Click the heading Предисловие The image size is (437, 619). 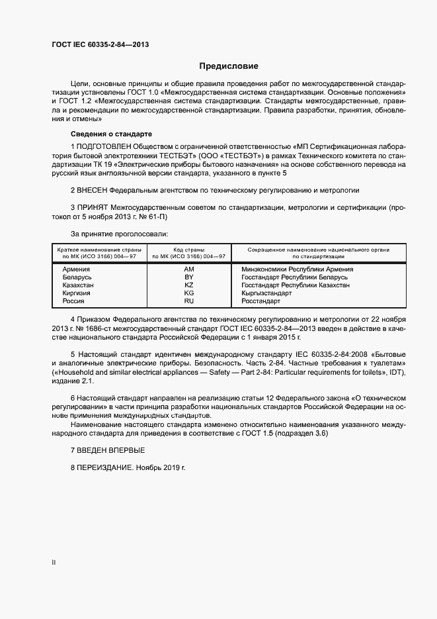tap(229, 66)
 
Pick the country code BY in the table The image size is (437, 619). tap(189, 277)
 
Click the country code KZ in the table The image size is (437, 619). tap(189, 285)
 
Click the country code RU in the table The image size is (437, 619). tap(189, 301)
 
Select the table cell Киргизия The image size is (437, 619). tap(76, 293)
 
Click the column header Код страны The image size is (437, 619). tap(189, 250)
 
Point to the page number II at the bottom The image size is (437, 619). tap(54, 562)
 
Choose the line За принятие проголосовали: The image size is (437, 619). tap(119, 234)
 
